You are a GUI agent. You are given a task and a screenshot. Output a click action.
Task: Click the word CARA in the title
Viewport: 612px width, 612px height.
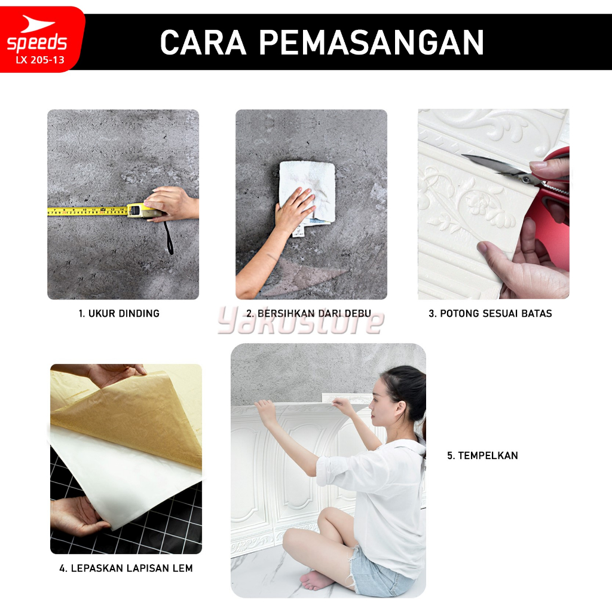pos(203,42)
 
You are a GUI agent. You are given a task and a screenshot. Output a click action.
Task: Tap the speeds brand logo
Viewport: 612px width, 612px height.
pos(37,34)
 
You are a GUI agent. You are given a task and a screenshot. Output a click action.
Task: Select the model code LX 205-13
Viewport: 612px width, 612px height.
pos(40,60)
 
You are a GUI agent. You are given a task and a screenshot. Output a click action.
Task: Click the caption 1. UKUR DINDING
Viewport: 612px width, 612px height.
pos(119,313)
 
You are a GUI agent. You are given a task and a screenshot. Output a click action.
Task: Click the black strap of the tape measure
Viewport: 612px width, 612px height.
pos(169,238)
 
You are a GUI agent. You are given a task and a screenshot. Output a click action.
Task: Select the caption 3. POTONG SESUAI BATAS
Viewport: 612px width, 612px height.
pos(490,313)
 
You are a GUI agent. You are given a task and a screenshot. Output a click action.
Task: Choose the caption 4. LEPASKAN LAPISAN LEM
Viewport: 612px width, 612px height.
pos(126,568)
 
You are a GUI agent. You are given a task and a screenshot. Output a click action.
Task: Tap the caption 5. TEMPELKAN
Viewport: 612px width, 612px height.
pos(482,455)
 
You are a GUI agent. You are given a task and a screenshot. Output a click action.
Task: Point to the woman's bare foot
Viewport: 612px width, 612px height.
pos(317,580)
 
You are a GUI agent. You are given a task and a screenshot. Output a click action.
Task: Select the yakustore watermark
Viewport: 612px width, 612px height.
pos(301,322)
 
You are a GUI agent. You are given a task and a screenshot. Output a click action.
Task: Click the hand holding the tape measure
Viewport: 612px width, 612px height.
pos(172,204)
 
